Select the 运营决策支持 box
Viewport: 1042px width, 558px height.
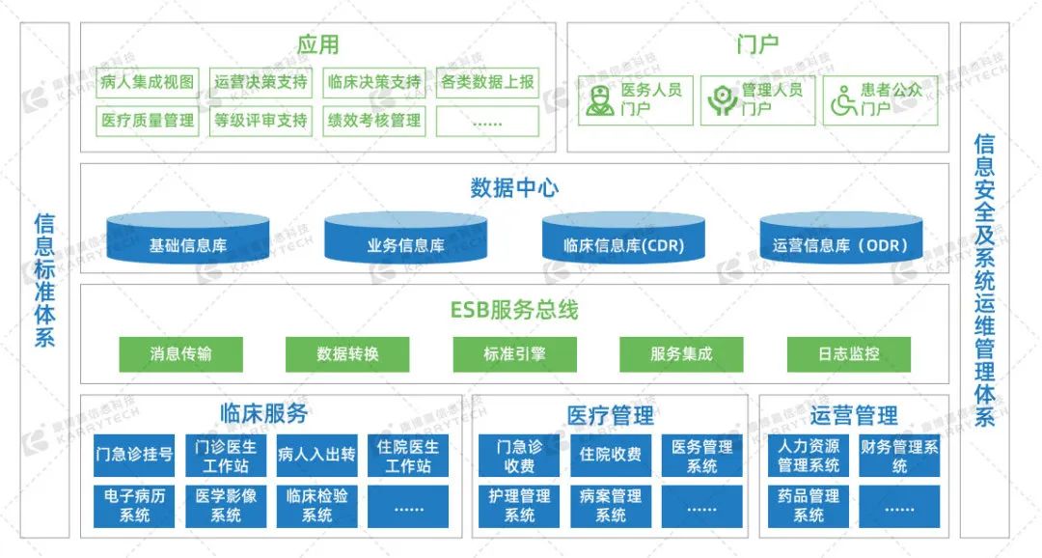260,82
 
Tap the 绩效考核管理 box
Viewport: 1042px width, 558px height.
374,121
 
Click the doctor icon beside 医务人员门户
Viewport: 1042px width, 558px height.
599,100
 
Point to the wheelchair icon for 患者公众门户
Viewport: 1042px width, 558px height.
842,100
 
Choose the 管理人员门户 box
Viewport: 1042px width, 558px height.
757,100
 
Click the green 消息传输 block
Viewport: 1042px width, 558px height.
180,354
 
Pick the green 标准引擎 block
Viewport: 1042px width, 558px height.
514,354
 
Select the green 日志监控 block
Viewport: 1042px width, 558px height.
848,354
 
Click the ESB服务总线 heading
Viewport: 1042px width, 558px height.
514,311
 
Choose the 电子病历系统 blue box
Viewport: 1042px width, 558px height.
134,506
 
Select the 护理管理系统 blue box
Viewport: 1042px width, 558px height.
520,506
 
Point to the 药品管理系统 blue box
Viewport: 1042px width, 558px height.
809,506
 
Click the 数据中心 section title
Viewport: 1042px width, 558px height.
514,187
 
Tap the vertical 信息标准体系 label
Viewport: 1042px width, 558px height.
44,279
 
